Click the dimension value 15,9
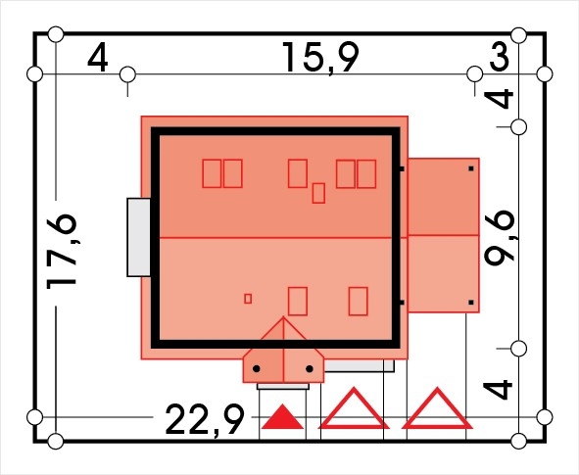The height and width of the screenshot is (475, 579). (x=320, y=58)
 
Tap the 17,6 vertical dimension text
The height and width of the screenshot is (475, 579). (x=62, y=252)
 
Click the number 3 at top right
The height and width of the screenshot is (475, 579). (x=500, y=58)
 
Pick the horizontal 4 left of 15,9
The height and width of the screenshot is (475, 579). (x=98, y=58)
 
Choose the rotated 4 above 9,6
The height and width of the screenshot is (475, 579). (x=498, y=99)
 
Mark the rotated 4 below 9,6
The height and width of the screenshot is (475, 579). (x=498, y=391)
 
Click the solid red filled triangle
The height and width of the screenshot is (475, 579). (x=282, y=419)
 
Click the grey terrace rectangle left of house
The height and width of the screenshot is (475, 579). (x=139, y=237)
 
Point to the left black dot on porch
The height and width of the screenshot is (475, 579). (x=257, y=368)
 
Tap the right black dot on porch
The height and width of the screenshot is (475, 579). (x=310, y=368)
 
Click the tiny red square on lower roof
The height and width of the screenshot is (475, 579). (x=248, y=299)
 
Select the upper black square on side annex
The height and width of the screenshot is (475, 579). (x=471, y=168)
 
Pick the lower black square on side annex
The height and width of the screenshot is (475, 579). (x=471, y=303)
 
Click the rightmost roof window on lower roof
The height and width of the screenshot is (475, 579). (x=359, y=302)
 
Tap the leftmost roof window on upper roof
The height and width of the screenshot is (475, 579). (x=212, y=173)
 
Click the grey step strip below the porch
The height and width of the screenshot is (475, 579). (x=283, y=387)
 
